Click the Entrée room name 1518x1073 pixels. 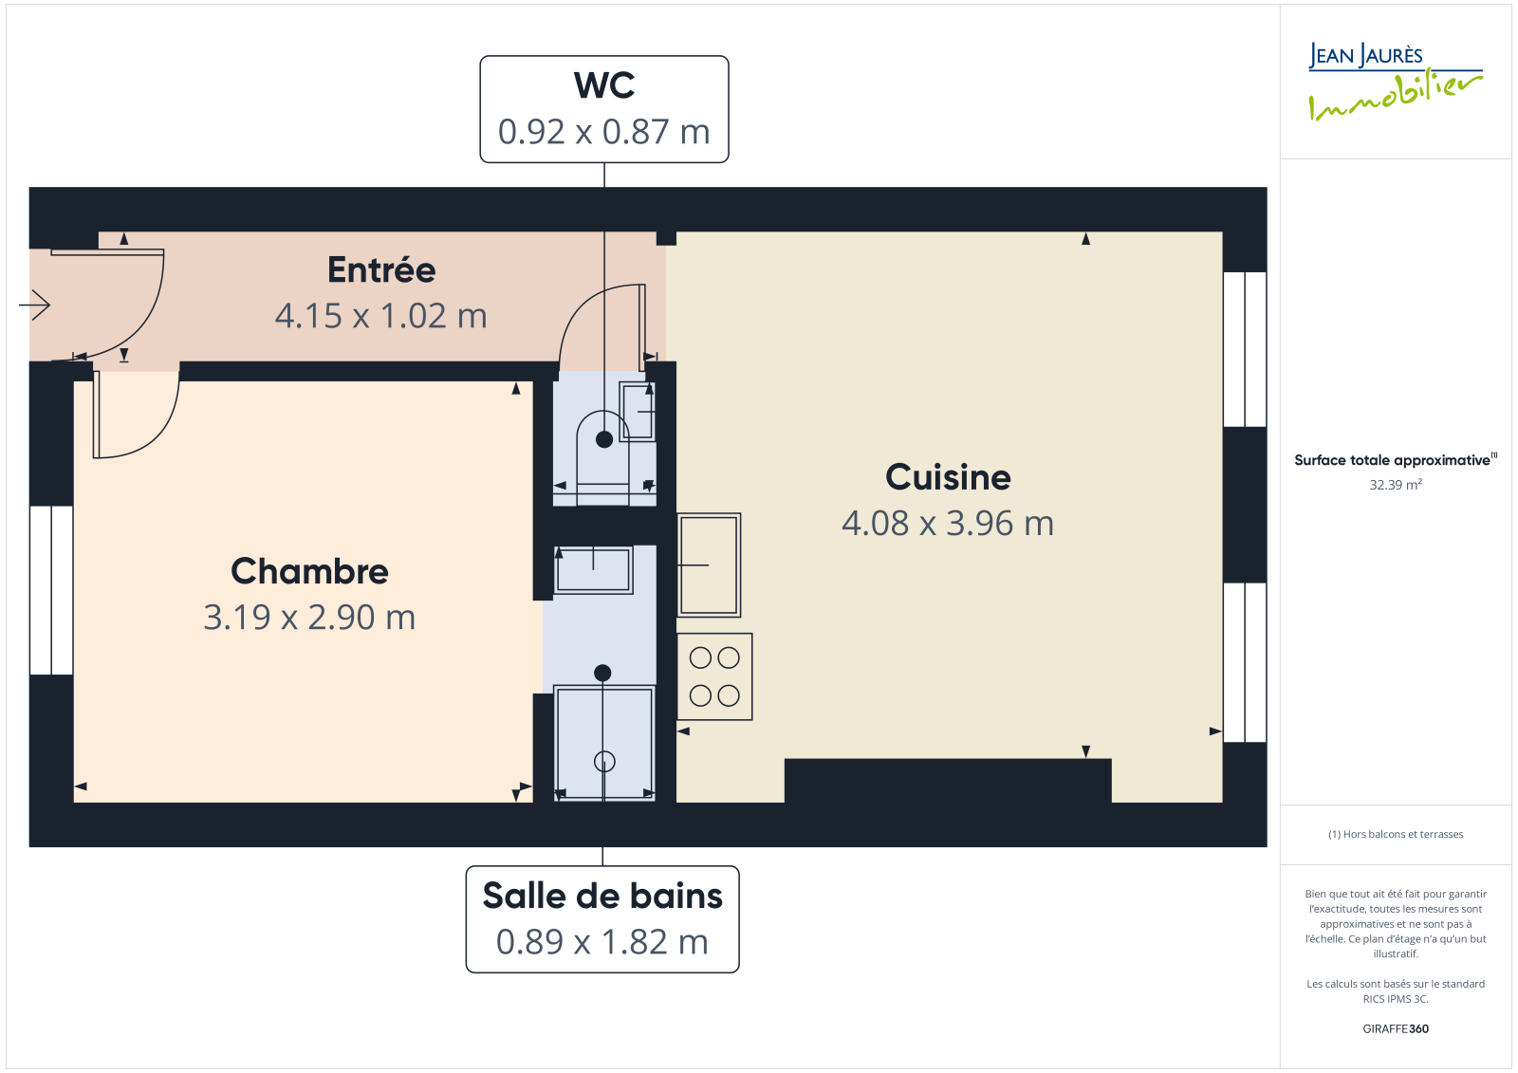point(381,269)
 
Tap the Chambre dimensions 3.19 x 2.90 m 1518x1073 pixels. point(309,617)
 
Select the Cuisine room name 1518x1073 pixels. point(948,477)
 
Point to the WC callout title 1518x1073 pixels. point(603,85)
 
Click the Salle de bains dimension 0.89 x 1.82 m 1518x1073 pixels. point(602,941)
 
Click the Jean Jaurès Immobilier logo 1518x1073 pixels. point(1395,82)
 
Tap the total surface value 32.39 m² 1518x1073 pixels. point(1396,485)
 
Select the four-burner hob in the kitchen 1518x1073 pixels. point(714,676)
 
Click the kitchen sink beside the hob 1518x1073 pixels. point(709,565)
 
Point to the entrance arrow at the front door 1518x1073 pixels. point(34,305)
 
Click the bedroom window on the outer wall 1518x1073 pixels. point(51,590)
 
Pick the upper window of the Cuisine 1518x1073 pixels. point(1245,349)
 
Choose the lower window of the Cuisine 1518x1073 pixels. point(1245,662)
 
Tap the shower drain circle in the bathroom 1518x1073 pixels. point(604,762)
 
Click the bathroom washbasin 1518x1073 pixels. point(594,570)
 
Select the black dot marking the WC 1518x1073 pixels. point(603,439)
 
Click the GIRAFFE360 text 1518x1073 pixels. point(1396,1028)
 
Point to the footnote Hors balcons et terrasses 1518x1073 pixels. point(1396,834)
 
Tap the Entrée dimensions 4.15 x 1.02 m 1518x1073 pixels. point(380,316)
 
